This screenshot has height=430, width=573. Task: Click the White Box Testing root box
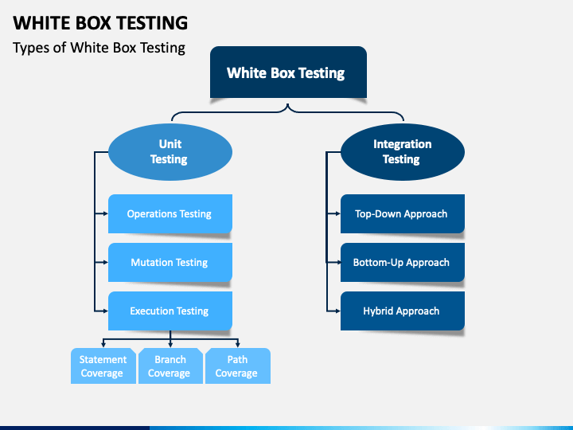coord(288,72)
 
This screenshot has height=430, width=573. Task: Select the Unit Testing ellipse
coord(170,152)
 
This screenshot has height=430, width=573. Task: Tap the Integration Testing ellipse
coord(403,152)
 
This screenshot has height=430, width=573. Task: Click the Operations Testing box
coord(170,213)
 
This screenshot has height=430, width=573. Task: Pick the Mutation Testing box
coord(170,262)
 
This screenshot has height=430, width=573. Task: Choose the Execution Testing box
coord(170,311)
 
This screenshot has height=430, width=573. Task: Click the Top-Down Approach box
coord(403,213)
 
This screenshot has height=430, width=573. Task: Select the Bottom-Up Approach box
coord(403,262)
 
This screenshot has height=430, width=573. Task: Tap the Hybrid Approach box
coord(403,311)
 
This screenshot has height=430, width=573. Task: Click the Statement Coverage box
coord(103,365)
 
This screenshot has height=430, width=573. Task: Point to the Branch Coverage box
coord(170,365)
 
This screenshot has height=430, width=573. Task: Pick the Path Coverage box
coord(238,365)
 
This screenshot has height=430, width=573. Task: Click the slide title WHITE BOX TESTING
coord(100,22)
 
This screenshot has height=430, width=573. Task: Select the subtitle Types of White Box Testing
coord(99,48)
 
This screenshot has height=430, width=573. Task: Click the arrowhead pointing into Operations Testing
coord(106,213)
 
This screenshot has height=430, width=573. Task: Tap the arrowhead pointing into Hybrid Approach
coord(338,311)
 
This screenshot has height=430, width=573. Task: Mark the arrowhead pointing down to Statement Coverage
coord(103,345)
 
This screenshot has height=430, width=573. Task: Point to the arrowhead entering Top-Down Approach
coord(338,213)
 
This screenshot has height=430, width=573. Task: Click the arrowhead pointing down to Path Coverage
coord(238,345)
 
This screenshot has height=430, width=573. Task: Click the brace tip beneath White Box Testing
coord(288,104)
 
